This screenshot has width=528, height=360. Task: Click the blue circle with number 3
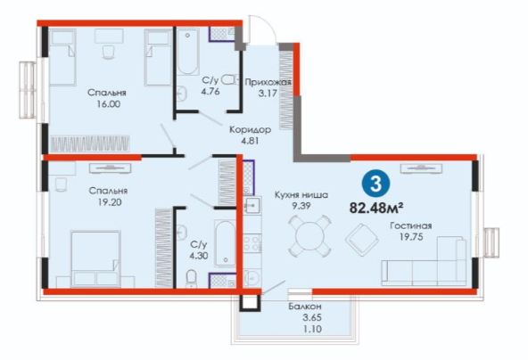coord(375,184)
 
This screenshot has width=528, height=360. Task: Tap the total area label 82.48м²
coord(376,209)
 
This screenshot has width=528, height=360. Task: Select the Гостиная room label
coord(411,225)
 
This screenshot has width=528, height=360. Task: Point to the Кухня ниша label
coord(301,195)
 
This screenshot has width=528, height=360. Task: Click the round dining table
coord(309,236)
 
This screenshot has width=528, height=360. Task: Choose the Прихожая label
coord(268,82)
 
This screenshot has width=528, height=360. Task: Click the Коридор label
coord(250,129)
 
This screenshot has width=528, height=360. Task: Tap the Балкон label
coord(305,307)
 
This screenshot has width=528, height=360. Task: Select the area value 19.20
coord(109,202)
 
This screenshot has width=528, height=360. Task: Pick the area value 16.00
coord(109,104)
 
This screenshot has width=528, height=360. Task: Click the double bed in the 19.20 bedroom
coord(95,258)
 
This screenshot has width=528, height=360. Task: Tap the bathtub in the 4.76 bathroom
coord(187,52)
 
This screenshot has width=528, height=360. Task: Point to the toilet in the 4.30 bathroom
coord(191,279)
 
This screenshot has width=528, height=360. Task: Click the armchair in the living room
coord(362,240)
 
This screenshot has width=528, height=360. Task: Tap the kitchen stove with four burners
coord(252,243)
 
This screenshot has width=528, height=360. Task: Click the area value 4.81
coord(250,141)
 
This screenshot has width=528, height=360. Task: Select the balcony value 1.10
coord(312,329)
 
